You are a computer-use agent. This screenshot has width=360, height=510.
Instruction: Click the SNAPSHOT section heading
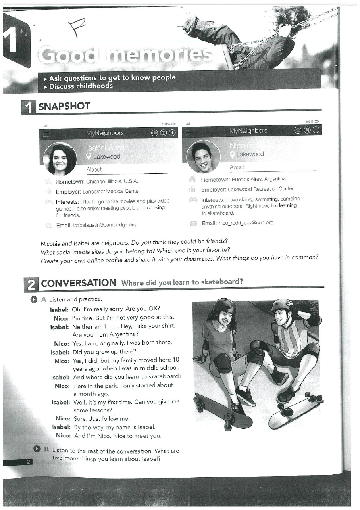pyautogui.click(x=64, y=107)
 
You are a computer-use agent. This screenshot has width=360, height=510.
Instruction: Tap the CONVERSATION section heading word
pyautogui.click(x=78, y=283)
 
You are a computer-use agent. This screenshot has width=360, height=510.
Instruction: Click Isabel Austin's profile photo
pyautogui.click(x=60, y=159)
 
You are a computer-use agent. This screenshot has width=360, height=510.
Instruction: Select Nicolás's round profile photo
pyautogui.click(x=204, y=157)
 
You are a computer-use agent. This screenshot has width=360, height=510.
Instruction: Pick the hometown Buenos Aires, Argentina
pyautogui.click(x=258, y=179)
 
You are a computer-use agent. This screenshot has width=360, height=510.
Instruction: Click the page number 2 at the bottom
pyautogui.click(x=28, y=462)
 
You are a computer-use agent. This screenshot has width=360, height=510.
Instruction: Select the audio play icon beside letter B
pyautogui.click(x=37, y=449)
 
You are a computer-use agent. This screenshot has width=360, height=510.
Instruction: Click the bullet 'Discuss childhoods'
pyautogui.click(x=81, y=86)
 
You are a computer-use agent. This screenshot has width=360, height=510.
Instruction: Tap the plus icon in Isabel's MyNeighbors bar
pyautogui.click(x=172, y=133)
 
